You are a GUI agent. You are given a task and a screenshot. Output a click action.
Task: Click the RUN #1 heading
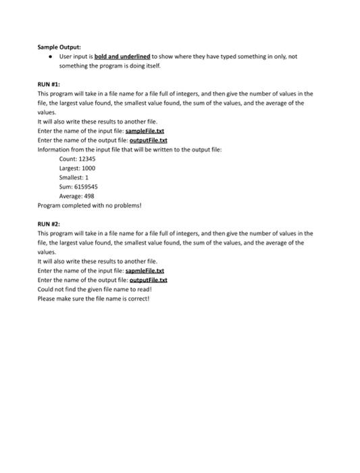pos(49,86)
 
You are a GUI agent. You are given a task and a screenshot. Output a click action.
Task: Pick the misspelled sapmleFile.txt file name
pos(146,270)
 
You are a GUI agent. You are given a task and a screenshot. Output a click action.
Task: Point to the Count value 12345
pos(86,158)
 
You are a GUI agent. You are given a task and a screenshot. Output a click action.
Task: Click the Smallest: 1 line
pos(74,176)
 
